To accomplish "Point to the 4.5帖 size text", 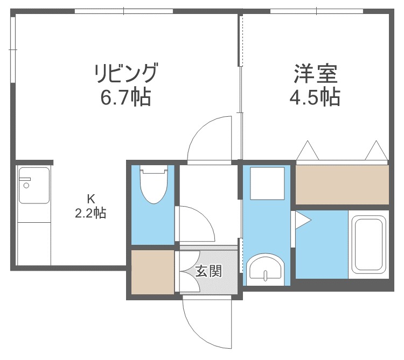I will pos(315,97).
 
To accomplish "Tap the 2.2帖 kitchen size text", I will pos(90,213).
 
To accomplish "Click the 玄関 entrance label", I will pos(208,271).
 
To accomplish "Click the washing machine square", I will pos(268,183).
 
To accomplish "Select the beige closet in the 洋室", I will pos(342,184).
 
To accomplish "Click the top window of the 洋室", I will pos(316,11).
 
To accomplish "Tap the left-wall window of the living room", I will pos(12,48).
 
